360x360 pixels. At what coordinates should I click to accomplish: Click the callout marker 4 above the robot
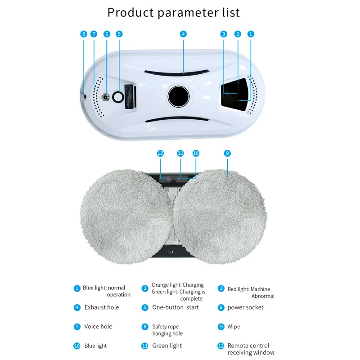(183, 34)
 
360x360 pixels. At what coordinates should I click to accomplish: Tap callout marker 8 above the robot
(84, 34)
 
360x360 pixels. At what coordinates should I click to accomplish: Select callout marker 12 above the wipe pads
(160, 153)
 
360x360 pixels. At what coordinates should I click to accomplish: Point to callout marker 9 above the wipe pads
(227, 153)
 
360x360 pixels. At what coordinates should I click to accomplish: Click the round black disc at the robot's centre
(178, 96)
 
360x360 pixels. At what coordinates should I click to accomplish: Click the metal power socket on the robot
(106, 97)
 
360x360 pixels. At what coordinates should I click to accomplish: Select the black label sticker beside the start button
(130, 96)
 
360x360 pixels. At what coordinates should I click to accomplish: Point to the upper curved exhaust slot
(176, 73)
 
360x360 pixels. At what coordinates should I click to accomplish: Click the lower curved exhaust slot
(177, 119)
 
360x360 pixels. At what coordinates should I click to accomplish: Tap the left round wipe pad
(126, 216)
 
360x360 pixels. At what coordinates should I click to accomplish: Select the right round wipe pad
(220, 216)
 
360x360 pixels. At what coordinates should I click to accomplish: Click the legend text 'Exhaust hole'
(102, 307)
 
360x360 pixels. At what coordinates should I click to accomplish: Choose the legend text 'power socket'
(245, 307)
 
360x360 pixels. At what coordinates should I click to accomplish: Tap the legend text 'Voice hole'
(98, 326)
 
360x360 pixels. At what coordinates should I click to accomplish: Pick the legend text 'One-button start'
(175, 307)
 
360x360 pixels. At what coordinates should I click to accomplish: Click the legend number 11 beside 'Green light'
(144, 346)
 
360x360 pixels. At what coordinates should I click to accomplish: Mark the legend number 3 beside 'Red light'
(221, 288)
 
